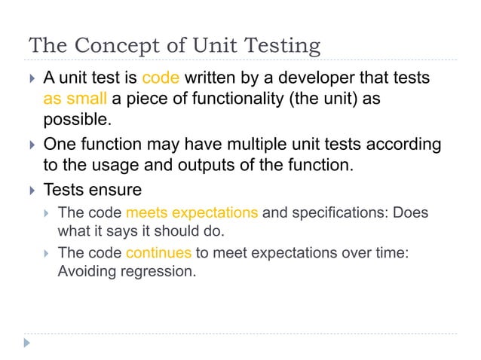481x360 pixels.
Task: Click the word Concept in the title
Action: pyautogui.click(x=117, y=47)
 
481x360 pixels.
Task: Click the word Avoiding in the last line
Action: pyautogui.click(x=88, y=271)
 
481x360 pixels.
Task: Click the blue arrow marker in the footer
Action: pyautogui.click(x=28, y=343)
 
